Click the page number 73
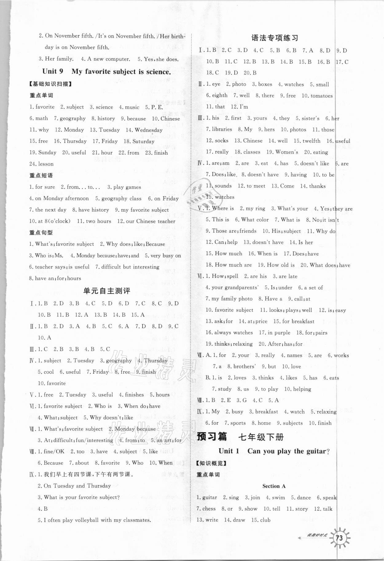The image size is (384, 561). pos(339,547)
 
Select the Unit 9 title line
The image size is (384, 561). pos(106,72)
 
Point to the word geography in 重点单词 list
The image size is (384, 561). pos(72,119)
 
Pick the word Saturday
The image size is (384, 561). pos(143,141)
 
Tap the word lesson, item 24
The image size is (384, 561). pos(46,164)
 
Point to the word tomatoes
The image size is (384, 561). pos(321,96)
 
